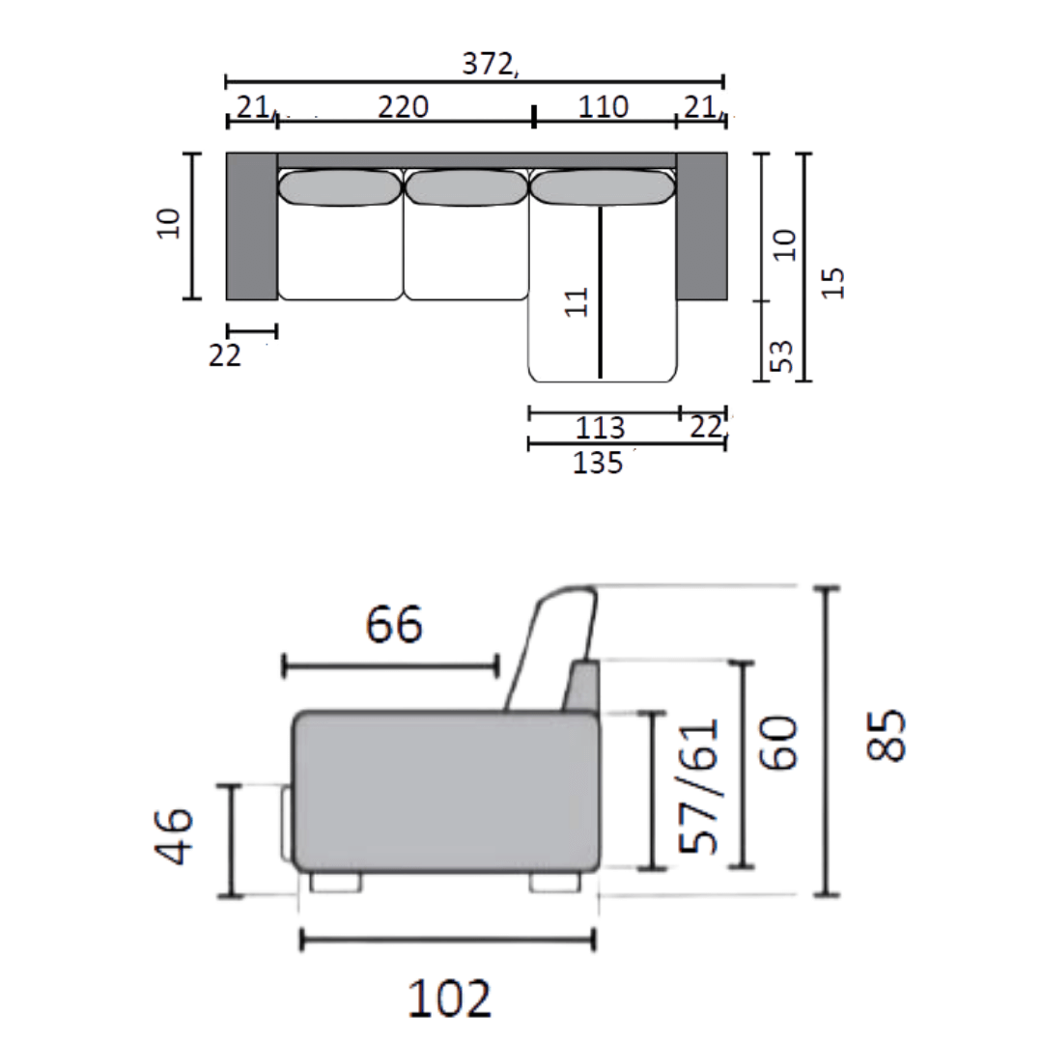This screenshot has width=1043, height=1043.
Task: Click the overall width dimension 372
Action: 488,64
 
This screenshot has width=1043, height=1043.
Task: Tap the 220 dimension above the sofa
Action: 403,107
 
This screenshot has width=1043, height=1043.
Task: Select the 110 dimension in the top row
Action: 603,107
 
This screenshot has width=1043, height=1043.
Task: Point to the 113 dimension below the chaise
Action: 600,428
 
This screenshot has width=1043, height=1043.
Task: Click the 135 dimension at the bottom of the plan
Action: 598,463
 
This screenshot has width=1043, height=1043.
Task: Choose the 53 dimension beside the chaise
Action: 782,355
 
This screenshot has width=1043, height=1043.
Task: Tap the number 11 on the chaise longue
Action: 577,302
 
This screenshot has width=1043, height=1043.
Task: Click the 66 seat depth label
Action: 394,625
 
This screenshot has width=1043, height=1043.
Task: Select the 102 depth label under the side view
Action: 449,999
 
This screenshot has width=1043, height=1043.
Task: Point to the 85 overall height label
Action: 886,735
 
